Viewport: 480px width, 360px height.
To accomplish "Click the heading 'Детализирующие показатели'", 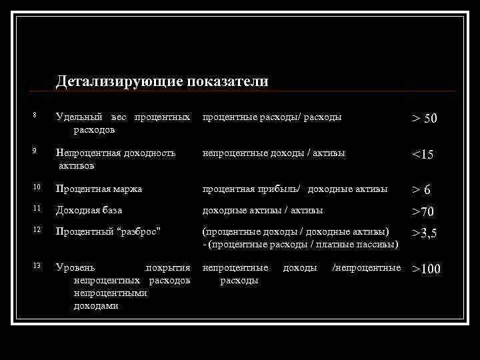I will tap(162, 81).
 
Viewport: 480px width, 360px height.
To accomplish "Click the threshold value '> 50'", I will tap(424, 119).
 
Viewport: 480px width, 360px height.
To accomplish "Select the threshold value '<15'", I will tap(423, 155).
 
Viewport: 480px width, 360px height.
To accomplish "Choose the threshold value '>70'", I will tap(423, 213).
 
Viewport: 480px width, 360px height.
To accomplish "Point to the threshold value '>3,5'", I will tap(424, 234).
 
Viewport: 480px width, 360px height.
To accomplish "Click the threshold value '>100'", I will tap(426, 270).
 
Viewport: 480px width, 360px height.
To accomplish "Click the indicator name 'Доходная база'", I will tap(89, 211).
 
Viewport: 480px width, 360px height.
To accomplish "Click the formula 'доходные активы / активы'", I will tap(263, 211).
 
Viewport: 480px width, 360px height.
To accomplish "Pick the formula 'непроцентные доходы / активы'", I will tap(273, 153).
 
